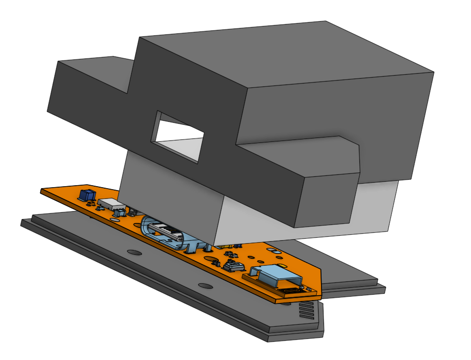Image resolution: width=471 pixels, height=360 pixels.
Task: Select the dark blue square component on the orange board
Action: [x=87, y=195]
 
